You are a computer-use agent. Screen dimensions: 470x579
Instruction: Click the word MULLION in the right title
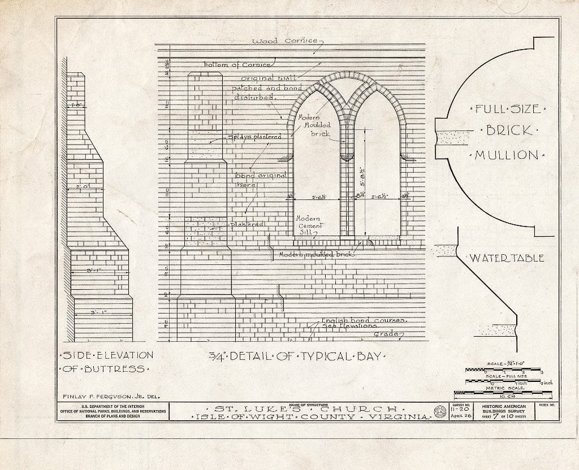[x=507, y=155]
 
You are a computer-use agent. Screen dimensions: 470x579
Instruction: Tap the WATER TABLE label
[x=506, y=258]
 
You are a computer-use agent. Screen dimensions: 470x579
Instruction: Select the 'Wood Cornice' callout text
[x=286, y=41]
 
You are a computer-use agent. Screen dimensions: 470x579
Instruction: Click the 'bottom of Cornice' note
[x=235, y=64]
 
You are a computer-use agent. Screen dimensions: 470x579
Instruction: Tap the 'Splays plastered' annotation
[x=254, y=137]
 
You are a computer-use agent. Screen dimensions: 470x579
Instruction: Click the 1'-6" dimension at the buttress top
[x=77, y=105]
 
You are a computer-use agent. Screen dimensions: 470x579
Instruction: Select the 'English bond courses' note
[x=364, y=320]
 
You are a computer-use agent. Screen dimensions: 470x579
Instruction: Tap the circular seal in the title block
[x=438, y=411]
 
